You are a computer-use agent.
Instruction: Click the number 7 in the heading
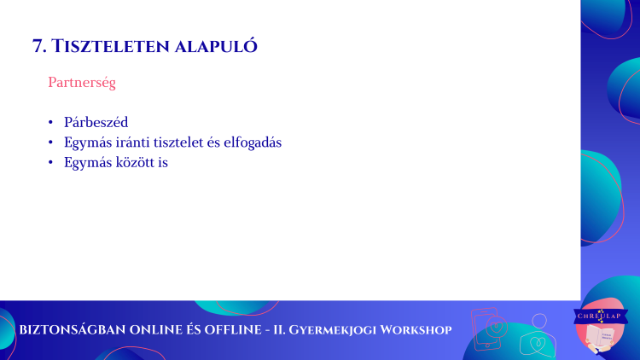(38, 46)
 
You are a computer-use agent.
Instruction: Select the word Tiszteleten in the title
(111, 46)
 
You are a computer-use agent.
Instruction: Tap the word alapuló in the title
(217, 46)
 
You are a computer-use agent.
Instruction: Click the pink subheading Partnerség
(82, 83)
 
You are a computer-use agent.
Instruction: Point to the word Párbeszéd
(96, 122)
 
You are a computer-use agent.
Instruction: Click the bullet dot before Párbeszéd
(50, 122)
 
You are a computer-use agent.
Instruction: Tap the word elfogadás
(253, 142)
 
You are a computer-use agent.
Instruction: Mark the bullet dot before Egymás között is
(50, 162)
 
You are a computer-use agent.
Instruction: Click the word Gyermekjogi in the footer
(332, 330)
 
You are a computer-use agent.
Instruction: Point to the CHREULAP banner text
(599, 316)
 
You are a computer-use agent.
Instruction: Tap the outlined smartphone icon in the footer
(486, 329)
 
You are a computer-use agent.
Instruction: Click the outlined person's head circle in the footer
(539, 322)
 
